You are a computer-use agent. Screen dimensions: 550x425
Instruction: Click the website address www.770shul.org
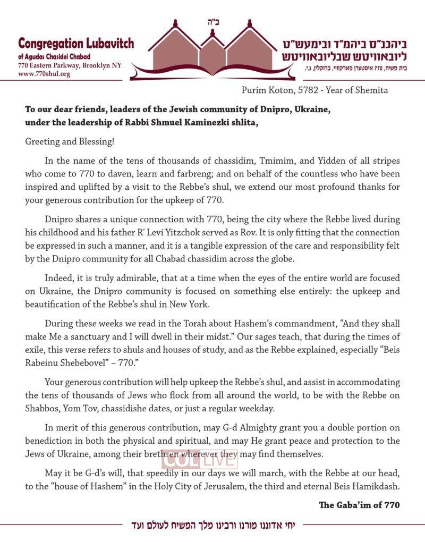pyautogui.click(x=44, y=74)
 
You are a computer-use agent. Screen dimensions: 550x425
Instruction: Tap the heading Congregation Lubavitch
pyautogui.click(x=76, y=44)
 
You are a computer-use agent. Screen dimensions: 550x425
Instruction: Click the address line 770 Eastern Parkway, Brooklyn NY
pyautogui.click(x=69, y=65)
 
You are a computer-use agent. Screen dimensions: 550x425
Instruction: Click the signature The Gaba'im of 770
pyautogui.click(x=359, y=504)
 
